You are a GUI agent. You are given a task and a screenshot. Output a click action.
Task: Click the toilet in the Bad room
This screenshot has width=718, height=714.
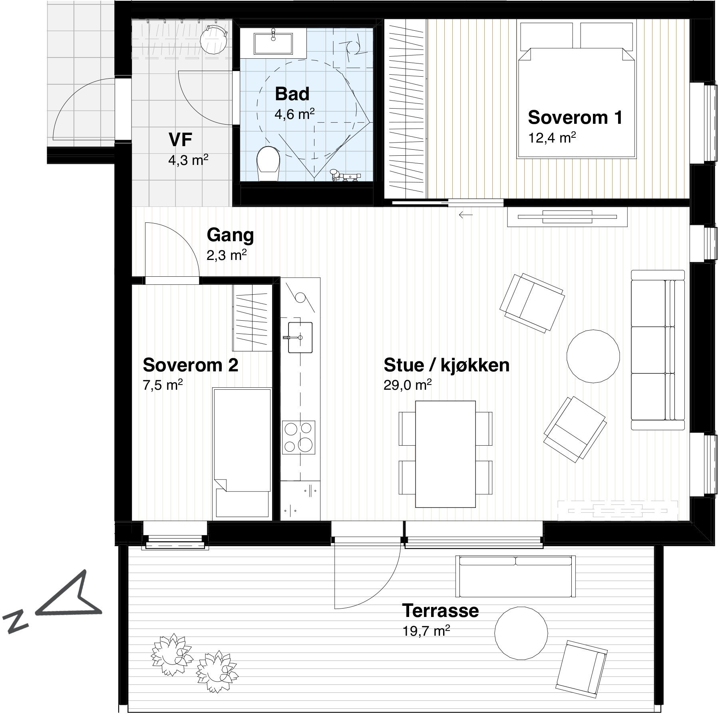(268, 164)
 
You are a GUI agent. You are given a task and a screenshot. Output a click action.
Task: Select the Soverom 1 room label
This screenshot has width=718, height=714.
(575, 117)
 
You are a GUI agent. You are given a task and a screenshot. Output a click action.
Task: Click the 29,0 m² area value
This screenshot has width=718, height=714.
(407, 386)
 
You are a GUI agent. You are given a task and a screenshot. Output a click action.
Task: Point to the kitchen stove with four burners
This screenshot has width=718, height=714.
(298, 437)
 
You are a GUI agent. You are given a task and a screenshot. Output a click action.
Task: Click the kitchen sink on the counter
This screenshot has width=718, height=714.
(300, 337)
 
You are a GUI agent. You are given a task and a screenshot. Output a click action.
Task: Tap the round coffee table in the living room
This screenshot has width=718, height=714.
(593, 355)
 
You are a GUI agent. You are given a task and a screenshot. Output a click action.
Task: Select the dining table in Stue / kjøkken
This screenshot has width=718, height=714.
(446, 454)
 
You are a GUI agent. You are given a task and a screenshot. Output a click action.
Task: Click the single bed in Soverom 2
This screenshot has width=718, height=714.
(242, 453)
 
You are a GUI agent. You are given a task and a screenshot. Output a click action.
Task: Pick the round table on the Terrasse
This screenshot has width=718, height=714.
(521, 632)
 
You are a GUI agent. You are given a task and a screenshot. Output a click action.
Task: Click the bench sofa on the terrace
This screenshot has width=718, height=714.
(515, 576)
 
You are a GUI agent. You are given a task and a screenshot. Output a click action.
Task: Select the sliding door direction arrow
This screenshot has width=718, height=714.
(465, 215)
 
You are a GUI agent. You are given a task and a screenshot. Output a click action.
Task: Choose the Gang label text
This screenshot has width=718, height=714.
(230, 236)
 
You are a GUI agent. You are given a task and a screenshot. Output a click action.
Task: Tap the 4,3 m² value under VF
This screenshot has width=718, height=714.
(188, 161)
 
